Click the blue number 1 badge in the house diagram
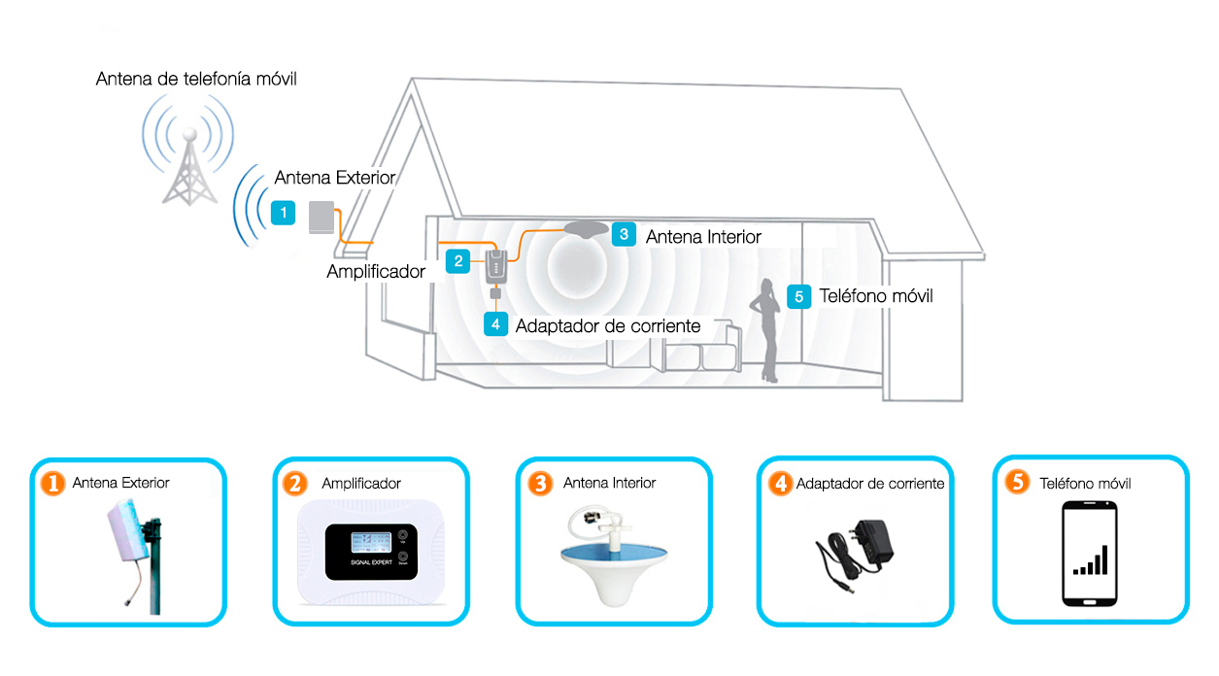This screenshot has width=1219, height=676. click(x=283, y=213)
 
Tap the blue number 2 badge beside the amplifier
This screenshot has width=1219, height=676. click(x=457, y=261)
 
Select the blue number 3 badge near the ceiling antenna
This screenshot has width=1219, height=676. click(x=624, y=234)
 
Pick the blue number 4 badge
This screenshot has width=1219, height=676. click(x=495, y=324)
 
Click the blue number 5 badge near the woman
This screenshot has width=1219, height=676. click(x=798, y=296)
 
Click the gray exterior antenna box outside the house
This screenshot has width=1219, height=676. click(x=322, y=218)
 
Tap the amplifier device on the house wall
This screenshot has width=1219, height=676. click(x=495, y=267)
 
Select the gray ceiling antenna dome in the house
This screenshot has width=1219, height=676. click(x=586, y=229)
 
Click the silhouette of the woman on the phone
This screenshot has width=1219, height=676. click(x=766, y=330)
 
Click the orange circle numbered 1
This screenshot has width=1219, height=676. click(x=52, y=484)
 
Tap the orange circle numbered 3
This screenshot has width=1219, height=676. click(x=540, y=484)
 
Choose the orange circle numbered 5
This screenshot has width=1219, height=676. click(x=1017, y=482)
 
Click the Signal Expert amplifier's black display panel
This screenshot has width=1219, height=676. click(x=371, y=552)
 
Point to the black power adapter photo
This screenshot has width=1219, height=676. click(x=854, y=556)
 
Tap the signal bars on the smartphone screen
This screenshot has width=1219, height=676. click(x=1091, y=560)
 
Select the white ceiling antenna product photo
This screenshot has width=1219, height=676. click(x=614, y=556)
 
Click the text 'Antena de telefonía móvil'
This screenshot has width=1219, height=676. click(x=196, y=79)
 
